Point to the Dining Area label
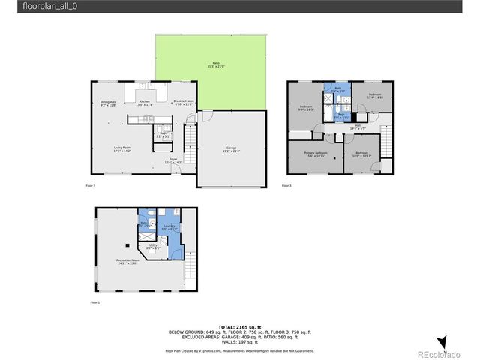[108, 103]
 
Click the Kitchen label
[145, 103]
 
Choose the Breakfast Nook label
[184, 103]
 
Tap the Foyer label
[172, 160]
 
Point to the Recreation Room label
[128, 262]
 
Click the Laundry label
[169, 227]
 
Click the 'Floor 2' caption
[89, 185]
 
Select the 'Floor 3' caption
[286, 185]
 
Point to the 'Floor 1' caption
[94, 302]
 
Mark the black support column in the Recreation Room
[128, 245]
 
